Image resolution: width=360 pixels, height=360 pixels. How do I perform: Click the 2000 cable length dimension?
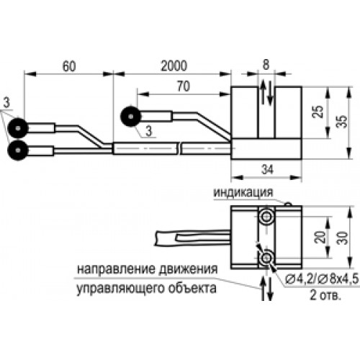point(174,66)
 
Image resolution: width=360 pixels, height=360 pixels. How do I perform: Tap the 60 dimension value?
point(69,66)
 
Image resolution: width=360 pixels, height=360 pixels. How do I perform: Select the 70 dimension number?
point(184,86)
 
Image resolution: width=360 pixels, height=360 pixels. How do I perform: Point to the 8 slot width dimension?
point(266,65)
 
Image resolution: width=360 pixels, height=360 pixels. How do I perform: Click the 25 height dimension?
point(318,112)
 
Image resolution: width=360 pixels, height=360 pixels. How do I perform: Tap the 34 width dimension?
point(267,170)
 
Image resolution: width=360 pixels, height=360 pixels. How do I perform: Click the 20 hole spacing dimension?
point(320,237)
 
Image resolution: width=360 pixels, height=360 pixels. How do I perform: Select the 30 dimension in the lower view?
point(342,238)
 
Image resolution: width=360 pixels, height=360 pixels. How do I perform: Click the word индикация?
point(243,192)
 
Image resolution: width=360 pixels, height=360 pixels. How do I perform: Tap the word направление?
point(117,269)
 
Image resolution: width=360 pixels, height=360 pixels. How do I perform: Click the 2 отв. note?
point(325,294)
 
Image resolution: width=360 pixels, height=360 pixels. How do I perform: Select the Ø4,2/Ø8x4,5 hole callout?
point(322,279)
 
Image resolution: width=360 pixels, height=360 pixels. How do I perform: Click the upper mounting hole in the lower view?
point(266,217)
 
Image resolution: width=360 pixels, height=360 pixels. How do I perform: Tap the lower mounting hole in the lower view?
point(266,258)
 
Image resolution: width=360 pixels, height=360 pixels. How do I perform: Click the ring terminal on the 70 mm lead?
point(131,117)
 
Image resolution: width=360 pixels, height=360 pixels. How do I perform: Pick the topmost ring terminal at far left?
point(18,128)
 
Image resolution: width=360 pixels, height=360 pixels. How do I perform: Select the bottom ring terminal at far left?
point(18,150)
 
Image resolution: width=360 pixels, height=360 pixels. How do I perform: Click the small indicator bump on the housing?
point(288,204)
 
